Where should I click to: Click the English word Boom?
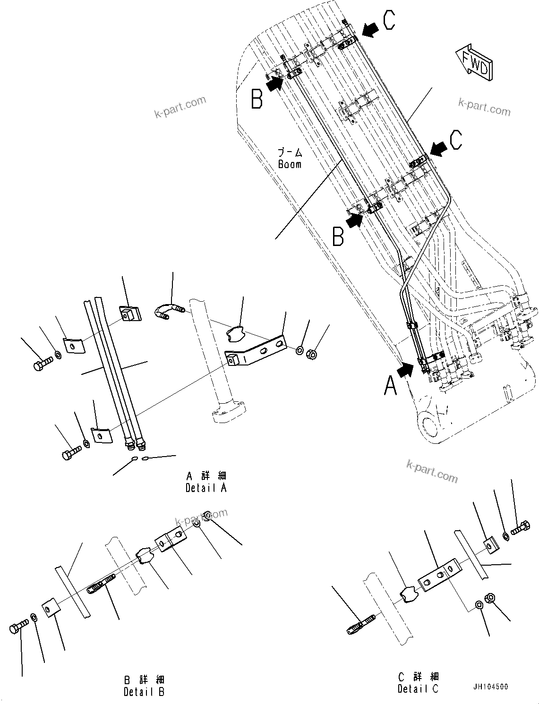290,164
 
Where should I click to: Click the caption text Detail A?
206,488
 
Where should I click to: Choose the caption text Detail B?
144,692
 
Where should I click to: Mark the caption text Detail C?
418,689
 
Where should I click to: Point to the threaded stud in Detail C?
361,624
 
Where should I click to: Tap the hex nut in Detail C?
490,598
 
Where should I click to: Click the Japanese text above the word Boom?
290,153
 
